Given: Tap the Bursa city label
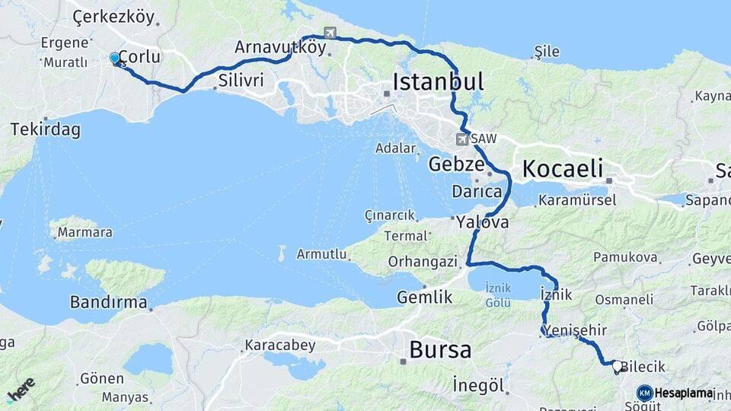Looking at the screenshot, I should pos(440,350).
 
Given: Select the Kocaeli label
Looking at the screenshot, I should pos(562,169).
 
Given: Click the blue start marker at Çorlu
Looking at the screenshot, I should pos(115,59).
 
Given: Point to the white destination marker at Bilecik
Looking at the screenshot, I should pos(617,366).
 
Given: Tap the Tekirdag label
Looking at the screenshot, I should pos(45,129).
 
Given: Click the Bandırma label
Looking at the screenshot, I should pos(108,302).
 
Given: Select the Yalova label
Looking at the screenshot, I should pos(483,223).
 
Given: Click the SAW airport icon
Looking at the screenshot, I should pos(461,139).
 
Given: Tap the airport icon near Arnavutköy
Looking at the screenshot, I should pos(330,33).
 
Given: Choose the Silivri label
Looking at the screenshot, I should pos(241,81).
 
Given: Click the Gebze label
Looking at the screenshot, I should pos(456,164).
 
